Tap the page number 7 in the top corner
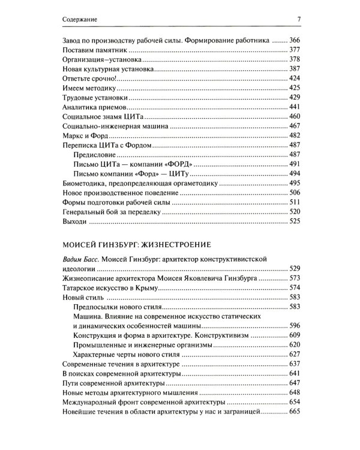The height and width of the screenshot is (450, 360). (298, 19)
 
